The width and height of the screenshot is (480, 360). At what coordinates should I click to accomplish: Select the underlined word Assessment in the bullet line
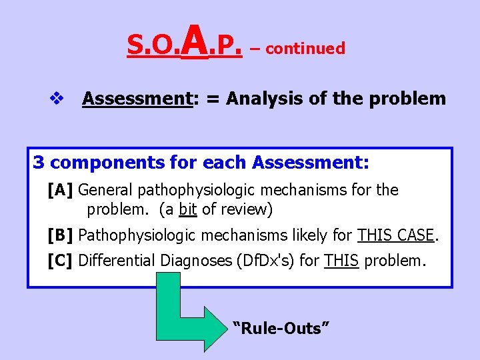137,99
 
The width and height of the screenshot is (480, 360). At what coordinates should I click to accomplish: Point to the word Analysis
262,99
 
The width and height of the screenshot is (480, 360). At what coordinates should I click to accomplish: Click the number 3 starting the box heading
39,163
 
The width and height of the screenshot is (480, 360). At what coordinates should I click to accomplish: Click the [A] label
61,190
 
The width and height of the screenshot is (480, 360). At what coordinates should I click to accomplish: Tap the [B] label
61,235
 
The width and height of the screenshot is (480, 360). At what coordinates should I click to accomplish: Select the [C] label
61,261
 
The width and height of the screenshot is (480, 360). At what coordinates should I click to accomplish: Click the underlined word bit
188,210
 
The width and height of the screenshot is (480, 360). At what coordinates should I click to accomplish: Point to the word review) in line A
247,210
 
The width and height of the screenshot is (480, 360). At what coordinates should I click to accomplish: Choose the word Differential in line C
117,261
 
